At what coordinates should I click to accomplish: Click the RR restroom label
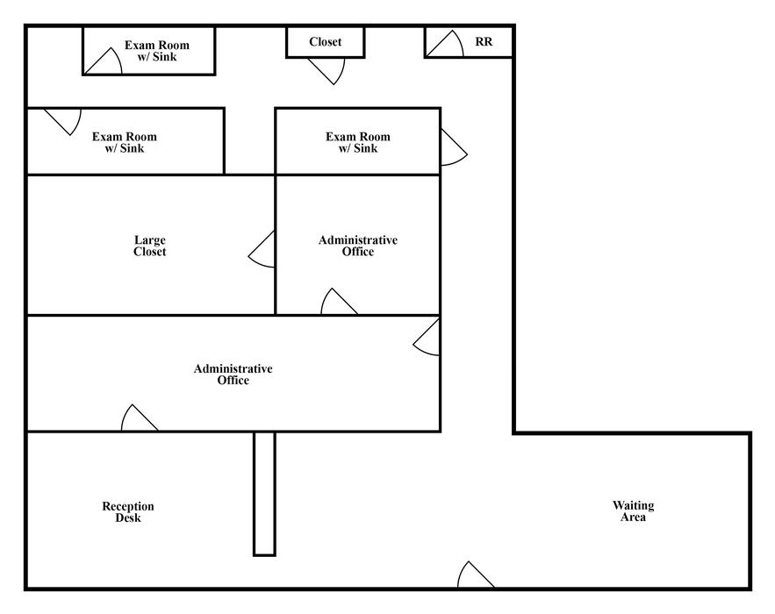484,42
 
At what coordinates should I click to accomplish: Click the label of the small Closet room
326,42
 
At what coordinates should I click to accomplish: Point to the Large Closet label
150,246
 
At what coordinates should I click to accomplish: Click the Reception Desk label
128,511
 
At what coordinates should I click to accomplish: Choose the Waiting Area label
633,510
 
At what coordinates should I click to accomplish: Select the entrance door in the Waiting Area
476,576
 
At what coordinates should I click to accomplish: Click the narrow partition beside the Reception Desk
264,494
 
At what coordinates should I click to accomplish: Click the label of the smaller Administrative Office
358,246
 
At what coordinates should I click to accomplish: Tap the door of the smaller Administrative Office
339,303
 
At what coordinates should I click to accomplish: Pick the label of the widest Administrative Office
233,375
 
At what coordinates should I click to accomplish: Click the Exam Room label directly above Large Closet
124,142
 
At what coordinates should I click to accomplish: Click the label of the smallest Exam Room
157,51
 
